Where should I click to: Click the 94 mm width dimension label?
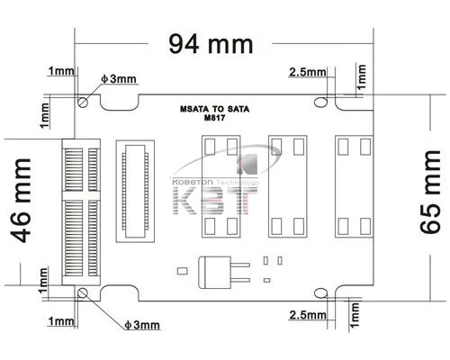(211, 44)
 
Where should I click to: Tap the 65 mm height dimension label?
(430, 192)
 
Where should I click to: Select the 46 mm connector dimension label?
(21, 201)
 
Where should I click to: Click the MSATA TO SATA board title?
(214, 109)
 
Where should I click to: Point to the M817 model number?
(214, 118)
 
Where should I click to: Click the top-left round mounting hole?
(83, 103)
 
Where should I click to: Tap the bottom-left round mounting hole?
(83, 293)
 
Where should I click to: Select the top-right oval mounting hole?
(320, 102)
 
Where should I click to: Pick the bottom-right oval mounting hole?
(320, 293)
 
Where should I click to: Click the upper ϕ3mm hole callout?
(119, 79)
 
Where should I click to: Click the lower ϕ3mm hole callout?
(142, 325)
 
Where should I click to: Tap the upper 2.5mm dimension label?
(308, 72)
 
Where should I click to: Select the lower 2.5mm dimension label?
(308, 315)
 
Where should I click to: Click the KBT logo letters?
(215, 201)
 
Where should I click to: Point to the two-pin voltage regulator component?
(224, 272)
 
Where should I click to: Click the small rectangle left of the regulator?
(183, 271)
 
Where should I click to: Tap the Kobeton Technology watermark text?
(216, 182)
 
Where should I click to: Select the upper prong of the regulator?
(240, 265)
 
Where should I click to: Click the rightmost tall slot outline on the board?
(355, 186)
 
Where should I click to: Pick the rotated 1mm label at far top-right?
(362, 76)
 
